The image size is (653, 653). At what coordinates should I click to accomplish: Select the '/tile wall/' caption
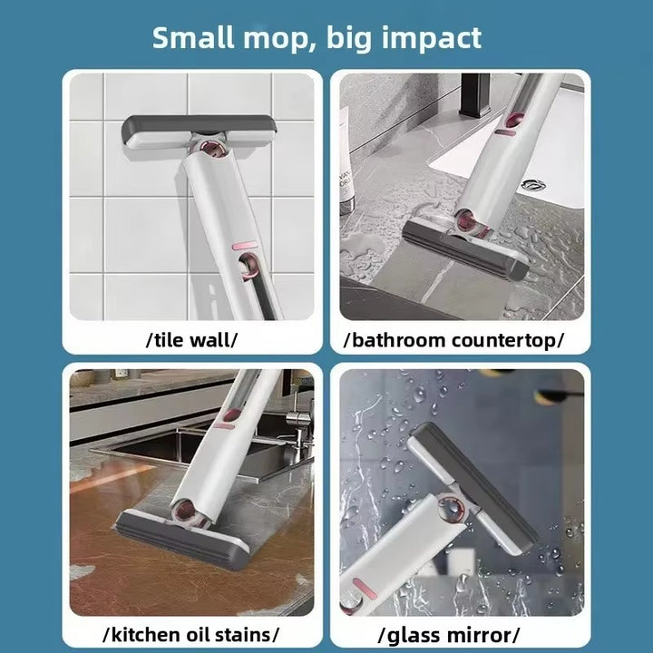pos(191,340)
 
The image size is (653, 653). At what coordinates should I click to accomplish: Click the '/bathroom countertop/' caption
pos(453,340)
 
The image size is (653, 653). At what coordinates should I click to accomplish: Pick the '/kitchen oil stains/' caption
pos(190,635)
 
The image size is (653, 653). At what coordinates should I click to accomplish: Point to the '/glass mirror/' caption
pos(449,636)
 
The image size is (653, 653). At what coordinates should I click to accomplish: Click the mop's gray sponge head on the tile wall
pos(199,132)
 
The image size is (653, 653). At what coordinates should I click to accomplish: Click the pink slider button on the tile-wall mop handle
pos(243,246)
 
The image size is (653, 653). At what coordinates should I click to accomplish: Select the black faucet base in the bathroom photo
pos(474,95)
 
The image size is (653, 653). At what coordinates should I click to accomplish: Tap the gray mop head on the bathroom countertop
pos(465,249)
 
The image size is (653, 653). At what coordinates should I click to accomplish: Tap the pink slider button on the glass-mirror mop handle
pos(364,588)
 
